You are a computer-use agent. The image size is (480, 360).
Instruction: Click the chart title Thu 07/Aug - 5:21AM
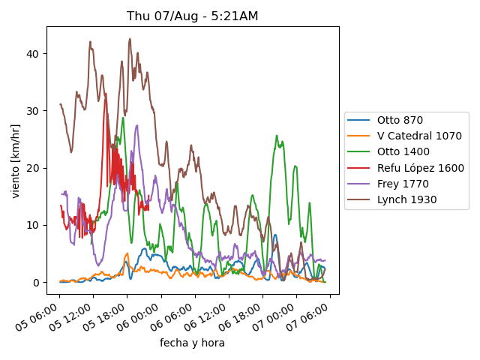click(193, 16)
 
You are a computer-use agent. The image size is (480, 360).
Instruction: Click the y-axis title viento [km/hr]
click(16, 161)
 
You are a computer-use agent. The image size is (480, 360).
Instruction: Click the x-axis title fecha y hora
click(192, 343)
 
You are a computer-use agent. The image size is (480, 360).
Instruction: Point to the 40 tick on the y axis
click(34, 53)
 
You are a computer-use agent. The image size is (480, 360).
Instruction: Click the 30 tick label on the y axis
click(34, 110)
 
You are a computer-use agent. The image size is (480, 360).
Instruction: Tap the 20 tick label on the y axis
click(34, 168)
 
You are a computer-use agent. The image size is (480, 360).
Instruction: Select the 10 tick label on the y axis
click(34, 225)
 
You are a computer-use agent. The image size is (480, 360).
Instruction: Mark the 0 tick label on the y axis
click(37, 282)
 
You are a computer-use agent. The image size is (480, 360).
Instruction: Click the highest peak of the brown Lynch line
click(130, 39)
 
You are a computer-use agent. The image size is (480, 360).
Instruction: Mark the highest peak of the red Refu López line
click(106, 94)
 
